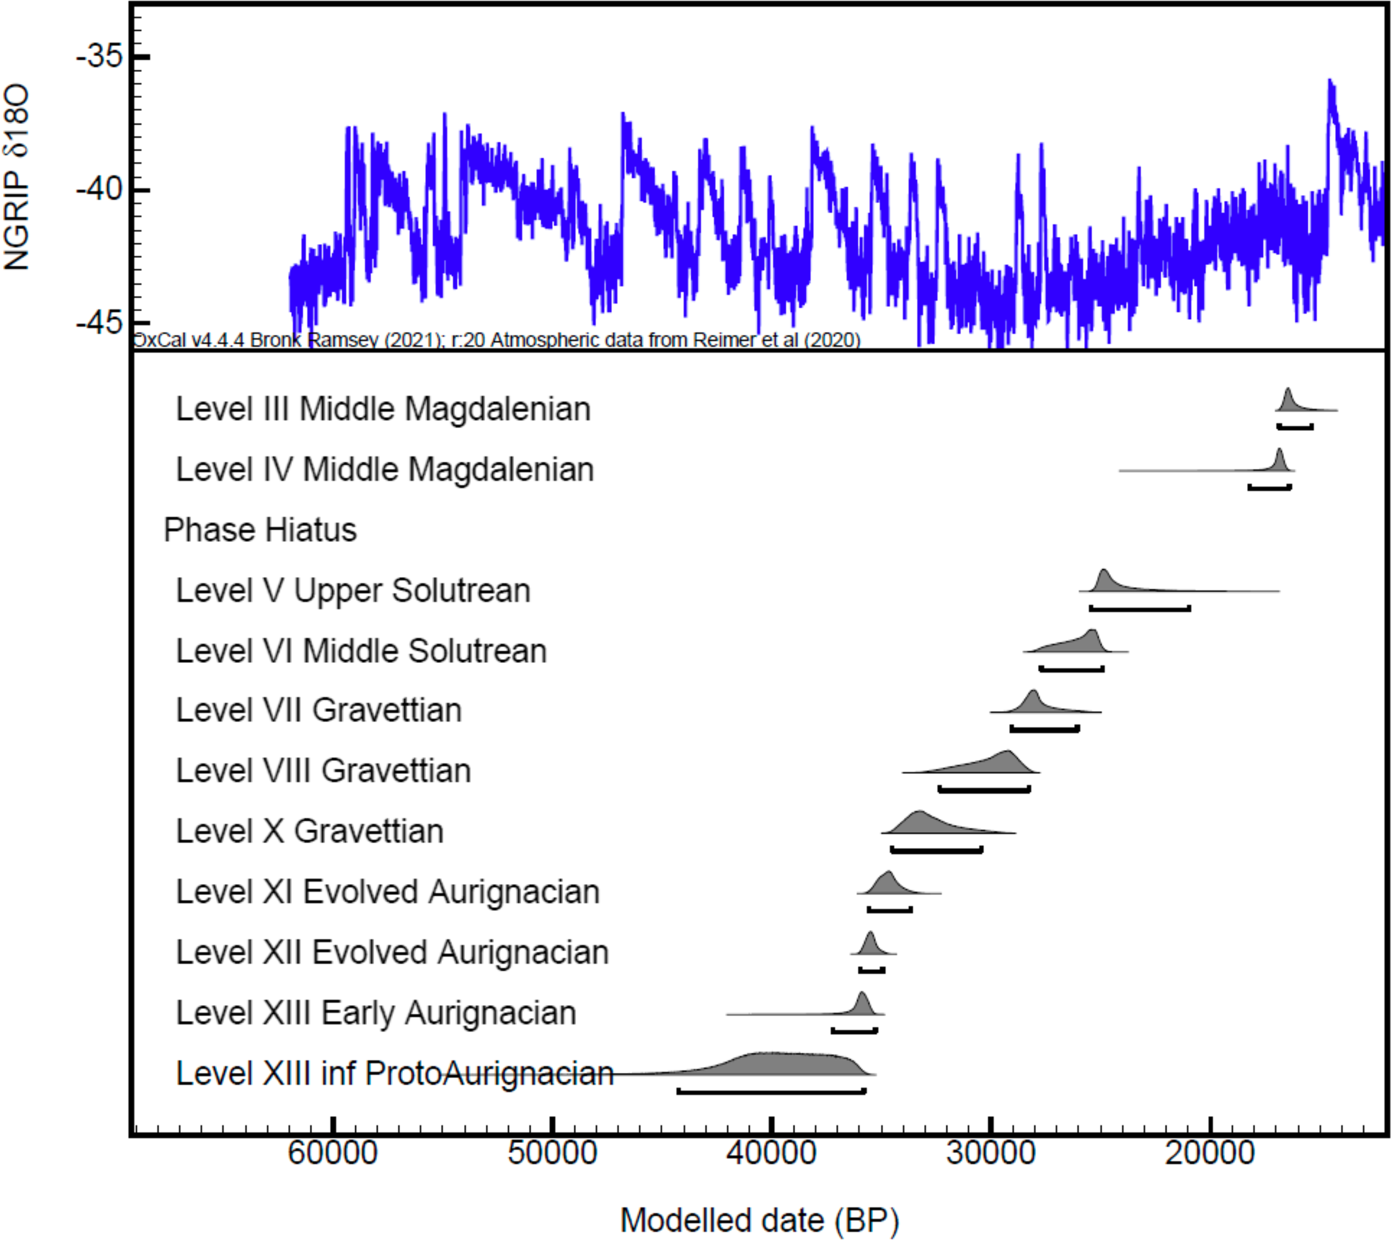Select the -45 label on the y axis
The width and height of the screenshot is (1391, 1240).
100,322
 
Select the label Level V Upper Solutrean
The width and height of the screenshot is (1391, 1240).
353,590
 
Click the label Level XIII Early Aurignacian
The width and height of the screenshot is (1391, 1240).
376,1013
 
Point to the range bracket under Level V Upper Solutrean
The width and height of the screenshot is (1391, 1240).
1140,608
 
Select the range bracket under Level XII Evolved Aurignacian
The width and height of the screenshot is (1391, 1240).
871,970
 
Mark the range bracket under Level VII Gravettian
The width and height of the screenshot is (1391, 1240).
1044,729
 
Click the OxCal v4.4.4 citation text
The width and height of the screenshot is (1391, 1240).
496,339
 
